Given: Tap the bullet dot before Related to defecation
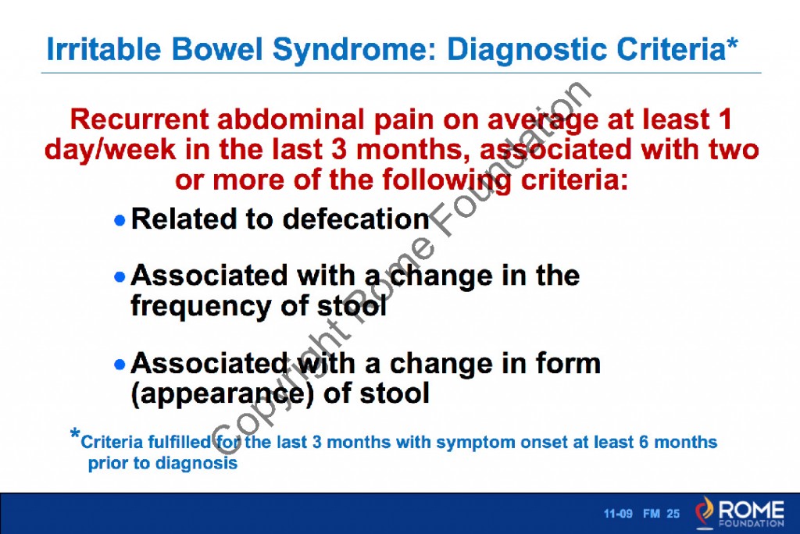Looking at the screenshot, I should pos(120,221).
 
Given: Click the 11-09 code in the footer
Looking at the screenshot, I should pos(617,514).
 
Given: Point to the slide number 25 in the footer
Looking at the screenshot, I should pos(673,514).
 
